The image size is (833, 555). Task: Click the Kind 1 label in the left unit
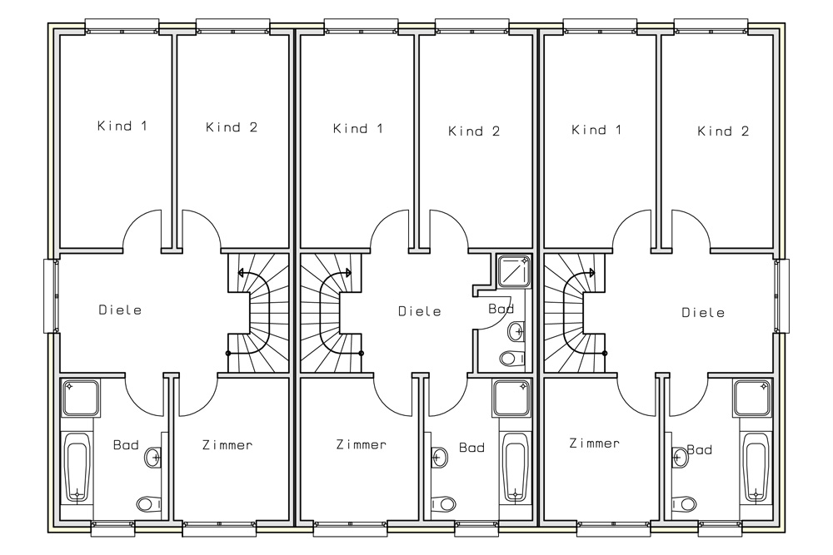[x=122, y=126]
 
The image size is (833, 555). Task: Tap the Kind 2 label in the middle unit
[x=474, y=131]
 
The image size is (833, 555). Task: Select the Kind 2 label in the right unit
[x=723, y=131]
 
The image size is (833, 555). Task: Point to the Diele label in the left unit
[x=120, y=310]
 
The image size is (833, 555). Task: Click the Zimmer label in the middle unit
[x=362, y=444]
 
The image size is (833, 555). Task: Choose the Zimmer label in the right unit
[x=594, y=443]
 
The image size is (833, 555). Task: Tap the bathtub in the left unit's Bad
[x=77, y=467]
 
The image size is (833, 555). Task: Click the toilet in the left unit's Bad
[x=149, y=503]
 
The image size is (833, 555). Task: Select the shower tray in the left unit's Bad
[x=81, y=398]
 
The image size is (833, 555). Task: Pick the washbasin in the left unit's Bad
[x=153, y=456]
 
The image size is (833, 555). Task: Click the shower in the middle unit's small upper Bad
[x=514, y=270]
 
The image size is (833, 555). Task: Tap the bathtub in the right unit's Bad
[x=756, y=467]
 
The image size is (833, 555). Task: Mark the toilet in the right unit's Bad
[x=684, y=503]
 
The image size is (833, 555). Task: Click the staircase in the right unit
[x=574, y=313]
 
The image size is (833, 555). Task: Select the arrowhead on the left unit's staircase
[x=242, y=273]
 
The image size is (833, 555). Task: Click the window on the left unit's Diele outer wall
[x=52, y=296]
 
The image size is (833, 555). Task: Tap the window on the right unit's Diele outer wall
[x=781, y=296]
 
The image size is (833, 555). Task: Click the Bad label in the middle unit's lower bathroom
[x=471, y=448]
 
